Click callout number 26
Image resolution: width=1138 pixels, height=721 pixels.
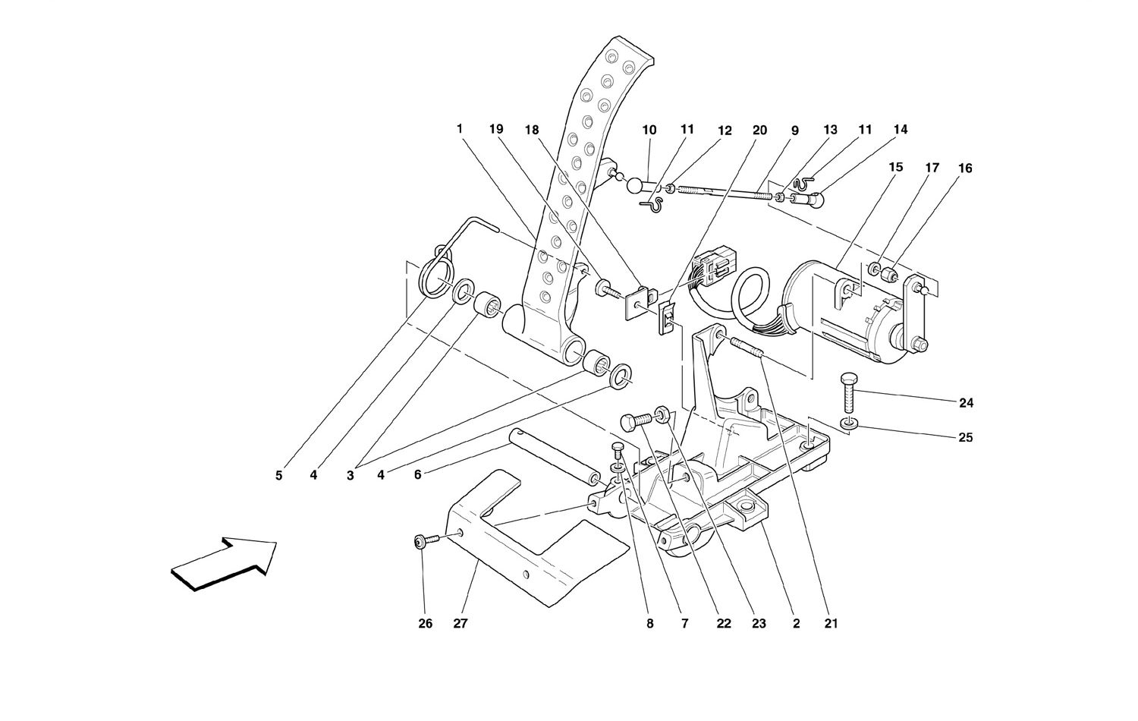[425, 623]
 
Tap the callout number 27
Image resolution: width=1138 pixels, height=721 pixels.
[460, 623]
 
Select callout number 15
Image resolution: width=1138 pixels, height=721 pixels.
[896, 167]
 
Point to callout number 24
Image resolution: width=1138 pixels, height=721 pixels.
[966, 403]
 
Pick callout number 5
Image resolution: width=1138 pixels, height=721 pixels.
[278, 476]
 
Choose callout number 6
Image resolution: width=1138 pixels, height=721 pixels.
[417, 475]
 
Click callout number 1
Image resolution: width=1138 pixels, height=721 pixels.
[460, 129]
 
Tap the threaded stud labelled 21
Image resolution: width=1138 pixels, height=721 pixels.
[746, 348]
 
